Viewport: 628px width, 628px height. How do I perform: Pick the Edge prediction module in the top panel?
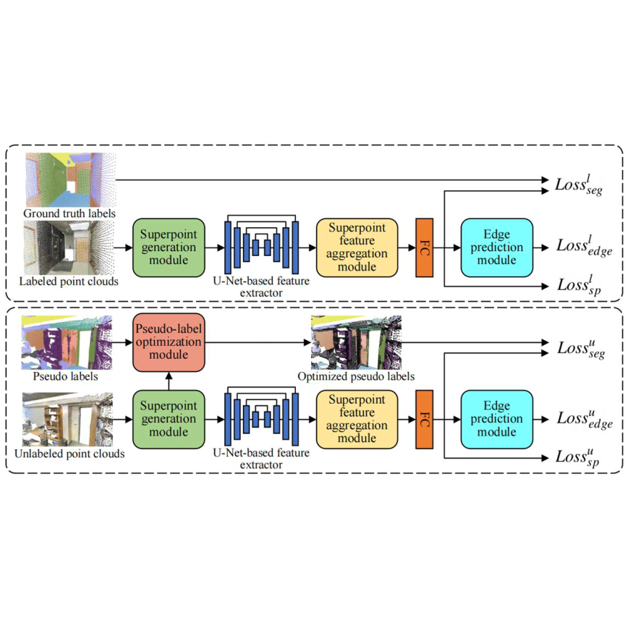coord(496,247)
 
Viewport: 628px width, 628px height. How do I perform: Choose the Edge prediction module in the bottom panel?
coord(496,418)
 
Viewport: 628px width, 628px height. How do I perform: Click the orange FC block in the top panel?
coord(424,247)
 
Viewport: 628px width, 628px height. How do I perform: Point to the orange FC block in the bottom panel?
coord(424,418)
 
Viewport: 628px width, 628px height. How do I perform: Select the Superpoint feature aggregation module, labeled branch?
coord(357,247)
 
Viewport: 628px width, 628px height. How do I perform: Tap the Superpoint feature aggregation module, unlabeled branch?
coord(357,418)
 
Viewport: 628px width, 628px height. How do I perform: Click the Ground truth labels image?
coord(70,180)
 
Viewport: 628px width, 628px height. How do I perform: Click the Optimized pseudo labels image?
coord(355,343)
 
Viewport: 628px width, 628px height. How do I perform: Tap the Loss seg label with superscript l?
coord(579,184)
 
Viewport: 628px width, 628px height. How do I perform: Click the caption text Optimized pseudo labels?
coord(356,377)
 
